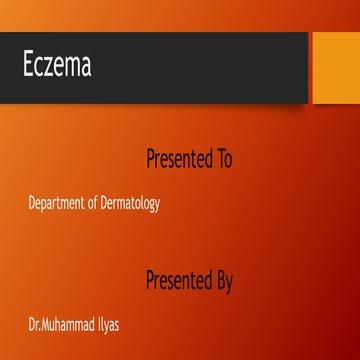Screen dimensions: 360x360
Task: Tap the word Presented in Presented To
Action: point(178,158)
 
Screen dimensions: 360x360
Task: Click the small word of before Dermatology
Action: point(95,204)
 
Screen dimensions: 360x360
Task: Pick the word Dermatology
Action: point(132,204)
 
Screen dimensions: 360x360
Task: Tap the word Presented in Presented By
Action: point(178,281)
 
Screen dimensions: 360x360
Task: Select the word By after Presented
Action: point(224,281)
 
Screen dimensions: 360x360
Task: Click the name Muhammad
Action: point(71,326)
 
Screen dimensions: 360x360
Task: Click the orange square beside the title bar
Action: point(334,68)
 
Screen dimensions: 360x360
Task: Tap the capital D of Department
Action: point(32,203)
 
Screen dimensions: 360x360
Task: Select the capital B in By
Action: point(220,281)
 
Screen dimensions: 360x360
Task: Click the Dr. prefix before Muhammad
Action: point(35,326)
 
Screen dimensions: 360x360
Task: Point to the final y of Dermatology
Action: point(158,206)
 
